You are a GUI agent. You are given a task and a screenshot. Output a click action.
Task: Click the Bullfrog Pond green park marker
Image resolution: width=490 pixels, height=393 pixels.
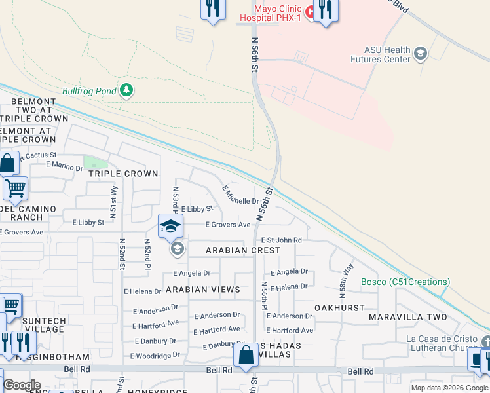pos(125,91)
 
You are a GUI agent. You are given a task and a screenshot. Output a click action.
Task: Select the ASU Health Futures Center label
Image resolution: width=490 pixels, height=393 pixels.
pos(387,54)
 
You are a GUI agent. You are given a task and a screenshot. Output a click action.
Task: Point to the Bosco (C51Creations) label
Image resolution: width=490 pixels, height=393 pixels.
pos(405,282)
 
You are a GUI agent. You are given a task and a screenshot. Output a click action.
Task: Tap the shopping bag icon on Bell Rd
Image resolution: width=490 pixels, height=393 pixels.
pos(246,356)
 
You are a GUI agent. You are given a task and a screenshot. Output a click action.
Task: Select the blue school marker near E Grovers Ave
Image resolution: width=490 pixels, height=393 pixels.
pos(170,226)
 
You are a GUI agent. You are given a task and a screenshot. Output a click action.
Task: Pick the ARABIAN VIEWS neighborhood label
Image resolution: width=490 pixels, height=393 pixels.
pos(202,289)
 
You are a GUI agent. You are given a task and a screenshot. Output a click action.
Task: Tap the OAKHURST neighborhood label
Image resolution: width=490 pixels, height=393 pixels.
pos(339,307)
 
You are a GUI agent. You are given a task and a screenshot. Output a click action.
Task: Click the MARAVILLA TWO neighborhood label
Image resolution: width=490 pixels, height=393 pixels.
pos(407,317)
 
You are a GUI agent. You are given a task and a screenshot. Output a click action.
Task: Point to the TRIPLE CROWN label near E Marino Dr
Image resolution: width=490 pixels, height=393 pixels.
pos(123,174)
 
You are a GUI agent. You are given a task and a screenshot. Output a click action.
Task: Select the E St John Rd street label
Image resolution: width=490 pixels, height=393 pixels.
pos(282,240)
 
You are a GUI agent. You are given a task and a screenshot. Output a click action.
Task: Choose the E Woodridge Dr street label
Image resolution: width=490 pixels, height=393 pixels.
pos(155,356)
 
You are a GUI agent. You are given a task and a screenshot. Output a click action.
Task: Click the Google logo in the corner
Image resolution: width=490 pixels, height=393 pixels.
pos(22,385)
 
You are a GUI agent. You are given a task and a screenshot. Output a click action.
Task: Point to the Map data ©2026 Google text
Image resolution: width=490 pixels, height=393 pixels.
pos(449,387)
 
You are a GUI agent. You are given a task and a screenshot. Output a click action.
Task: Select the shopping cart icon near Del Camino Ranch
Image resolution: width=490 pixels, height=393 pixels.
pos(15,189)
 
